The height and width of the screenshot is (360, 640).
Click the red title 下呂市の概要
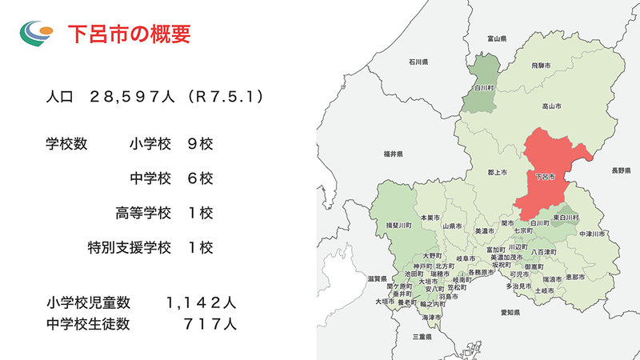click(128, 34)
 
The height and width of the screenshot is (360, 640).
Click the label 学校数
click(66, 144)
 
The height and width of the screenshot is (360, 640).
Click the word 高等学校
click(143, 213)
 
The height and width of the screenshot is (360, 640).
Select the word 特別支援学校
click(130, 247)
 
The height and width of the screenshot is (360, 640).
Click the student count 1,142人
click(201, 303)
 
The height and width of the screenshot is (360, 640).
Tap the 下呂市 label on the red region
click(543, 175)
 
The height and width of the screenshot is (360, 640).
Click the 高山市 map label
click(551, 106)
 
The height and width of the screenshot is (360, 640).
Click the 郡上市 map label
click(496, 171)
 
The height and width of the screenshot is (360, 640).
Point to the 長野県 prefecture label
click(622, 170)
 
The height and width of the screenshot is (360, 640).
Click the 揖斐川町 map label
click(398, 226)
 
